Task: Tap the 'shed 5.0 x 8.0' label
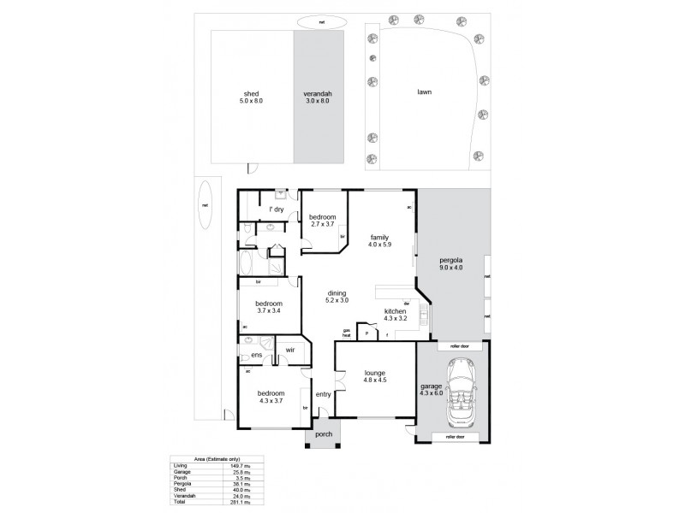point(251,97)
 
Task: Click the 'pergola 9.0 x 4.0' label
point(451,262)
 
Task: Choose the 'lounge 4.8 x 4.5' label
point(374,377)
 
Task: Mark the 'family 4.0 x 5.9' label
point(380,240)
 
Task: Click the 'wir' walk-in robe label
point(290,350)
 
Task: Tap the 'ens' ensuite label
point(255,355)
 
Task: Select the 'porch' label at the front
point(323,433)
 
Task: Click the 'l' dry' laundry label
point(277,209)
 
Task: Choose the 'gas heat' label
point(347,333)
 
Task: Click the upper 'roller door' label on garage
point(454,346)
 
